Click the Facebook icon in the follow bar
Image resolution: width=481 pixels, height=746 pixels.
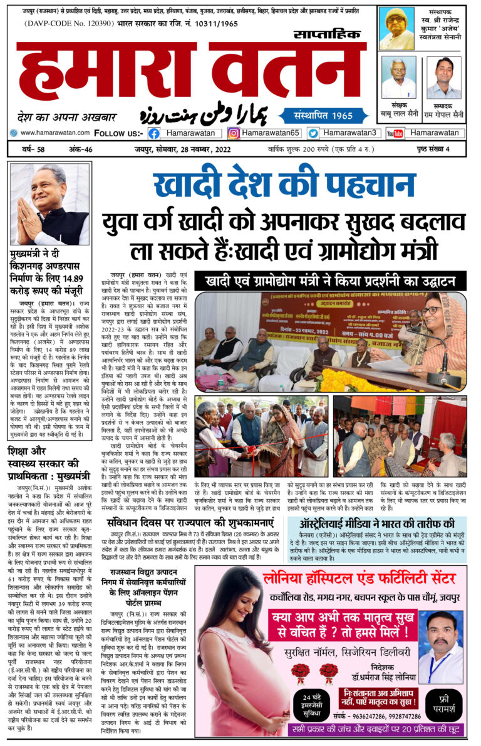pos(154,133)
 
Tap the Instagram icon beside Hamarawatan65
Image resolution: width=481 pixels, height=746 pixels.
pos(234,133)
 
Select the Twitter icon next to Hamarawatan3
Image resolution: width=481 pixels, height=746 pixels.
pos(313,133)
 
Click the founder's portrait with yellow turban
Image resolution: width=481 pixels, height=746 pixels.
pos(398,29)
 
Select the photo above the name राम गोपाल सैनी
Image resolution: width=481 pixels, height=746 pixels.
pos(443,78)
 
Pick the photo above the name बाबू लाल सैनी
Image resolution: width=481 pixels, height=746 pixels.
pos(399,78)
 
